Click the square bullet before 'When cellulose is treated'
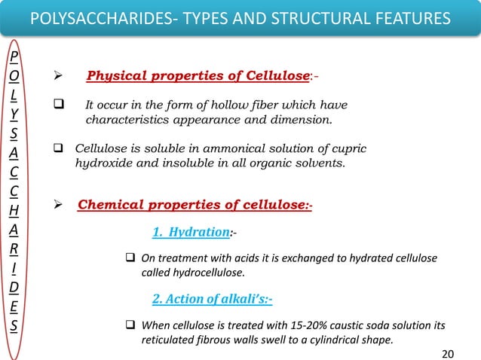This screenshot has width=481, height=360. [x=129, y=325]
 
